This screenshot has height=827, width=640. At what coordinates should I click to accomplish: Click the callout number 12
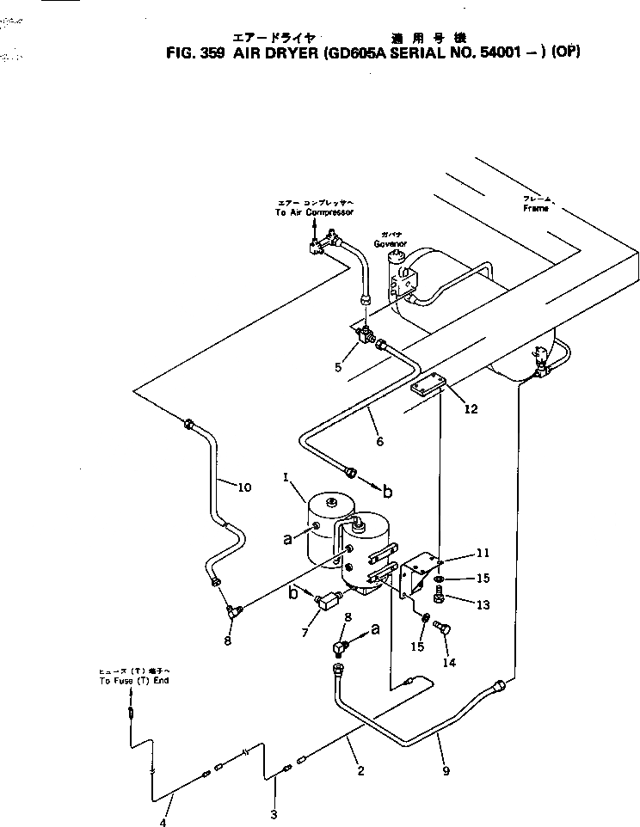pyautogui.click(x=471, y=408)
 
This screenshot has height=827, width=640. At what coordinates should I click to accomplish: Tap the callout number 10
pyautogui.click(x=244, y=487)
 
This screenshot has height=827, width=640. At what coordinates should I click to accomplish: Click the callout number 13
pyautogui.click(x=483, y=605)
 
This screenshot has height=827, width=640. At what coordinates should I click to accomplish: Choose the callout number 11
pyautogui.click(x=483, y=554)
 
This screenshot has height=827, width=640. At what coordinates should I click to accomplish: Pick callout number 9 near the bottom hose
pyautogui.click(x=446, y=771)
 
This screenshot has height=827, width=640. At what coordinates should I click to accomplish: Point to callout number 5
pyautogui.click(x=338, y=367)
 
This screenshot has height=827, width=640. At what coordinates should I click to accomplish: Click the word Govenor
pyautogui.click(x=390, y=243)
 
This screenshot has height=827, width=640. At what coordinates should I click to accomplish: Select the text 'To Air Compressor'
pyautogui.click(x=315, y=211)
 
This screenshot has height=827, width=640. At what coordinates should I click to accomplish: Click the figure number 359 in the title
pyautogui.click(x=212, y=52)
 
